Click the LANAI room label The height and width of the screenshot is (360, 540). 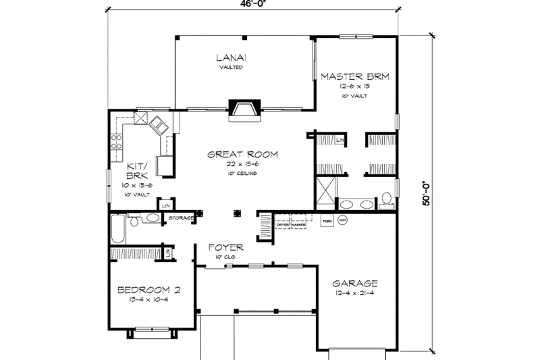[x=230, y=57]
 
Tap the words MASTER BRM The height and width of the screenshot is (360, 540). [x=355, y=76]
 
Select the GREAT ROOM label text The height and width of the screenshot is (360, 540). [x=242, y=154]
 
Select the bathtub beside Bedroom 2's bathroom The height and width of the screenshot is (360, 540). [x=118, y=230]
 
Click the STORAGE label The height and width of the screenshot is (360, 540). [x=181, y=218]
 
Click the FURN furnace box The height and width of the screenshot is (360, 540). [x=327, y=221]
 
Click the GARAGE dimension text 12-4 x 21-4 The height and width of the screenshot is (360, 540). [x=354, y=294]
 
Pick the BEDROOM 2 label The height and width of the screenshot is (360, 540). [x=148, y=290]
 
